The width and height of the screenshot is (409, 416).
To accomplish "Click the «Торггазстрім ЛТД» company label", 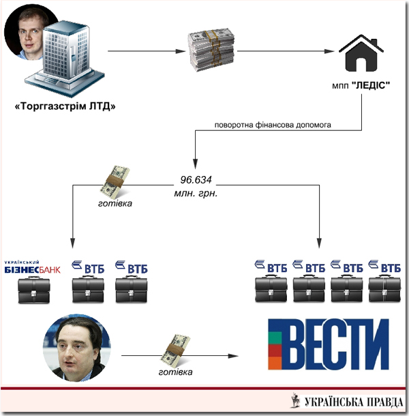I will tap(65, 106).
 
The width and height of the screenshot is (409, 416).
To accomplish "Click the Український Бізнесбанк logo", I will tap(32, 267).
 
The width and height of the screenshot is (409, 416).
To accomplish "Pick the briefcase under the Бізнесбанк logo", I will tap(32, 290).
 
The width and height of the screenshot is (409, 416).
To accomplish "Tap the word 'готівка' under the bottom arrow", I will tap(174, 372).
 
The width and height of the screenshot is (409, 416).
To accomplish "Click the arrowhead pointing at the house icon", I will tap(333, 50).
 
